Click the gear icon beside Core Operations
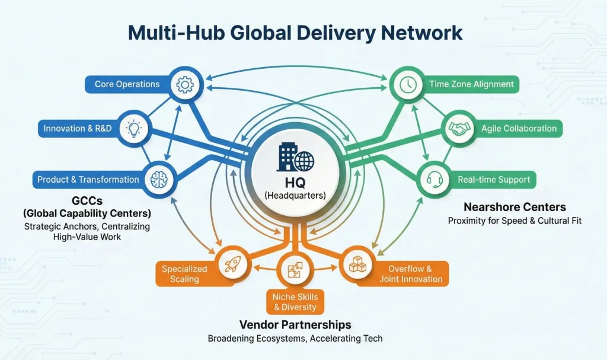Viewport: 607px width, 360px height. [x=184, y=85]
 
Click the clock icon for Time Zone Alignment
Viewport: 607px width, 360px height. [x=408, y=85]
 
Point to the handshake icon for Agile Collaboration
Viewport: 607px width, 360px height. [x=458, y=128]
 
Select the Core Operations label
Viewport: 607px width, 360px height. [x=127, y=84]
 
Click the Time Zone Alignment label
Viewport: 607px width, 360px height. [x=472, y=84]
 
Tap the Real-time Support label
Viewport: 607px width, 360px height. [x=493, y=179]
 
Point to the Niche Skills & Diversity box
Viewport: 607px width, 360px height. [x=295, y=301]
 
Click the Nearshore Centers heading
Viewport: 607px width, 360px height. [x=515, y=207]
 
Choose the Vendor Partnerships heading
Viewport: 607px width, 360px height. [x=295, y=325]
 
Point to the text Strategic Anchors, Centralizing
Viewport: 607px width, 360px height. [x=87, y=227]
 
